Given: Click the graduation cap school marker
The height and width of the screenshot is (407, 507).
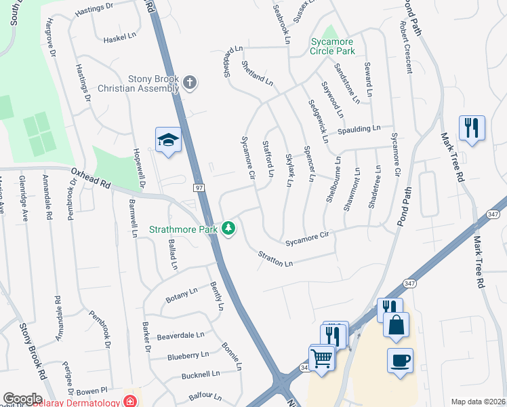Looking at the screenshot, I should point(168,140).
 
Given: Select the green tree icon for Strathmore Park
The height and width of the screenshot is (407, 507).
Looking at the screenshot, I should point(230,229).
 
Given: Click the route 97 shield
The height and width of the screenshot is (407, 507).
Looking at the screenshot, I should point(199,187).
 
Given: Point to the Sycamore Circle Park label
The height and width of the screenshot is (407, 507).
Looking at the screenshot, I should point(333,46).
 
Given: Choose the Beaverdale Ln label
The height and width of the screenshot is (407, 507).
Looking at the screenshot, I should point(180,335).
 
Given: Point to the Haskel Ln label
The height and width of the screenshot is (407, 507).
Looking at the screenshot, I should point(121,40).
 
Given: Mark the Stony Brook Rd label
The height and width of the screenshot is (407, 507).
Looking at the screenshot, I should point(33,352).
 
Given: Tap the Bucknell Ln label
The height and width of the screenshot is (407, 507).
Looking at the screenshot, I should point(201,374).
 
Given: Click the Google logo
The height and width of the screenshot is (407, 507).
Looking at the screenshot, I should point(22,399).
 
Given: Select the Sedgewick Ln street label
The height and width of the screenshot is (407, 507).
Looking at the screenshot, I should point(318,121).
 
